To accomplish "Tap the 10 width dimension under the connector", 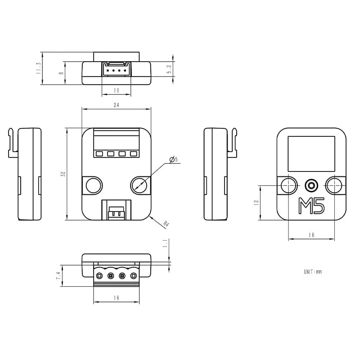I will click(116, 90).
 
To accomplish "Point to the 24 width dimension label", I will click(116, 105).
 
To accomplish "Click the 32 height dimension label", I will click(63, 174).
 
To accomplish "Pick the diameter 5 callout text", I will click(174, 159).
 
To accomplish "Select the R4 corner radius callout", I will click(166, 224).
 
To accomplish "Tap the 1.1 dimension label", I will click(165, 243).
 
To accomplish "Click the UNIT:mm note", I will click(313, 272).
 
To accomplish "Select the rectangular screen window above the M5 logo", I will click(311, 153).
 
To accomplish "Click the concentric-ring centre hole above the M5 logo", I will click(311, 185).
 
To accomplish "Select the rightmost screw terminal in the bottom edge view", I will click(133, 275).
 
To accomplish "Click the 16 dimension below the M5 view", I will click(311, 235).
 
